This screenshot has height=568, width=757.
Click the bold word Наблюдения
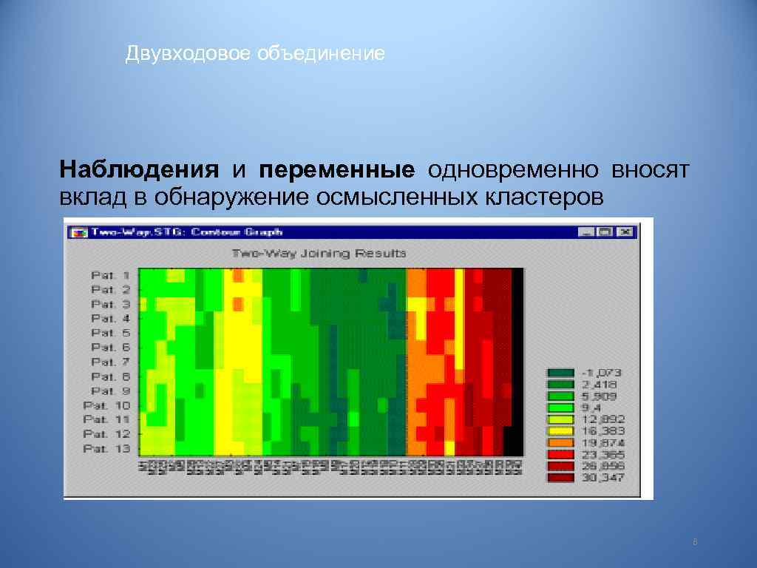point(140,171)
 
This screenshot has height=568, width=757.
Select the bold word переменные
point(336,171)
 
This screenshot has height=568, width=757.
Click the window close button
point(625,232)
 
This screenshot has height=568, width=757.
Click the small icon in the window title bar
point(76,232)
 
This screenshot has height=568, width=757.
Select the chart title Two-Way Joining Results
point(319,253)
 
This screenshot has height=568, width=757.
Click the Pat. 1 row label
point(110,275)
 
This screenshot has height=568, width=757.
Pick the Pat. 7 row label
point(110,362)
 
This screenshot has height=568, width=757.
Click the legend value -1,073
point(603,371)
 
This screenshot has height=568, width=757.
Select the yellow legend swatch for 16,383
point(560,430)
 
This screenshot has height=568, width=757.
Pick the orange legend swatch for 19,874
point(560,442)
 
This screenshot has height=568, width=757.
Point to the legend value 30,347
point(603,478)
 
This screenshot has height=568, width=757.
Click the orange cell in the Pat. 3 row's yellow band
point(238,304)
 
